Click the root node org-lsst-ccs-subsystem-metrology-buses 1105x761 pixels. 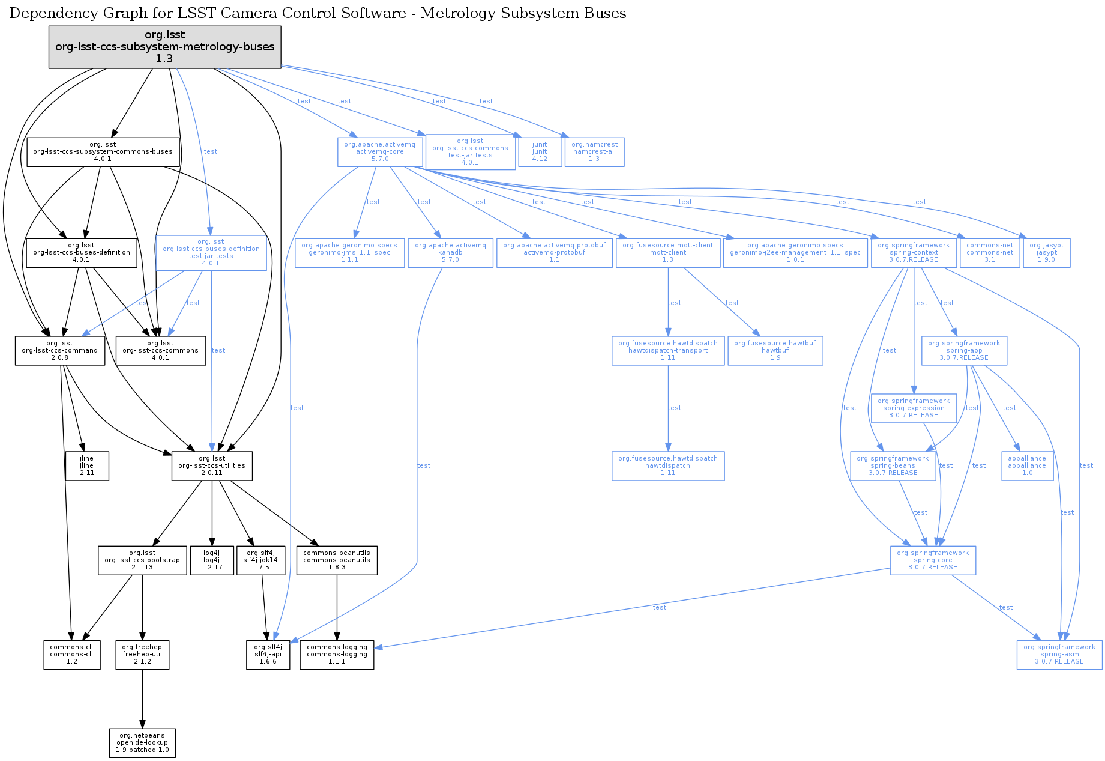164,47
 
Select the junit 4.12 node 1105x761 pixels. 540,152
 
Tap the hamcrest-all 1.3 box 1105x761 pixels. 594,152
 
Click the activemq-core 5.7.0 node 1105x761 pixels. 379,152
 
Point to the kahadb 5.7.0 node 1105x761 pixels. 450,253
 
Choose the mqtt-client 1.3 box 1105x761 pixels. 667,253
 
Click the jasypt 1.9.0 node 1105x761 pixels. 1046,253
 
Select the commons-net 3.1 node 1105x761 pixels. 989,253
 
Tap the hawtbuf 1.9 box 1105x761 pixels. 775,351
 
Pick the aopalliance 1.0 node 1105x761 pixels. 1027,466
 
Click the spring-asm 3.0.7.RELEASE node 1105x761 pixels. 1059,655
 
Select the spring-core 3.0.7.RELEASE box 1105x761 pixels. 933,560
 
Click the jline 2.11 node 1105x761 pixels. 87,466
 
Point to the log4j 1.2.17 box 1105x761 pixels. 211,560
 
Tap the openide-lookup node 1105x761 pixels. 142,743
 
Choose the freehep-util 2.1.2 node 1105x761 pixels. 142,655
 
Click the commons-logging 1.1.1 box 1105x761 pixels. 337,655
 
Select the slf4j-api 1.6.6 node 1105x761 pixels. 268,655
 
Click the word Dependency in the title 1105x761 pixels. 46,13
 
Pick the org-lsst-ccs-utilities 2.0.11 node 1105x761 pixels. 212,466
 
